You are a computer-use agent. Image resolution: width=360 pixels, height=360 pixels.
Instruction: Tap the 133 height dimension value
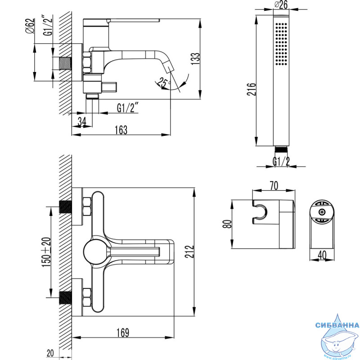tap(194, 58)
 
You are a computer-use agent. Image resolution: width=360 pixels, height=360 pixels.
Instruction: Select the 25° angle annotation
tap(162, 82)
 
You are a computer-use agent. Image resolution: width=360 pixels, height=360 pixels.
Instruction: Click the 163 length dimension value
tap(121, 130)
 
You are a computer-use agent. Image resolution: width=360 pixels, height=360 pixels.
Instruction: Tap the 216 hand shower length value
tap(252, 90)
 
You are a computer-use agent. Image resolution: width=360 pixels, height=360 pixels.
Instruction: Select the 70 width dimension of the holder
tap(273, 185)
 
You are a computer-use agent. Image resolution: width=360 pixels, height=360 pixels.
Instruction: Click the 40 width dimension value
tap(322, 255)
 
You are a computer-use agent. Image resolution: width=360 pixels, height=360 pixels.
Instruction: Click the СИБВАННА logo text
tap(337, 325)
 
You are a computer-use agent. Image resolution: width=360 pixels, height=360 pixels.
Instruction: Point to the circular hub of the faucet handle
tap(95, 250)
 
